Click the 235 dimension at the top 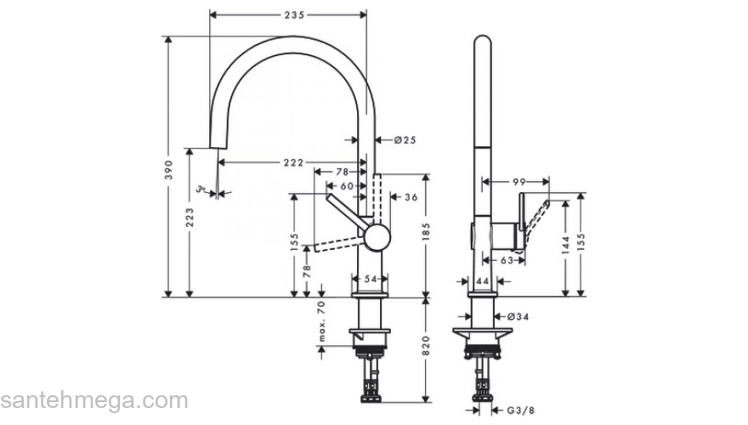tap(292, 15)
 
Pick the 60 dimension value tap(348, 185)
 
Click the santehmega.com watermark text tap(93, 401)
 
